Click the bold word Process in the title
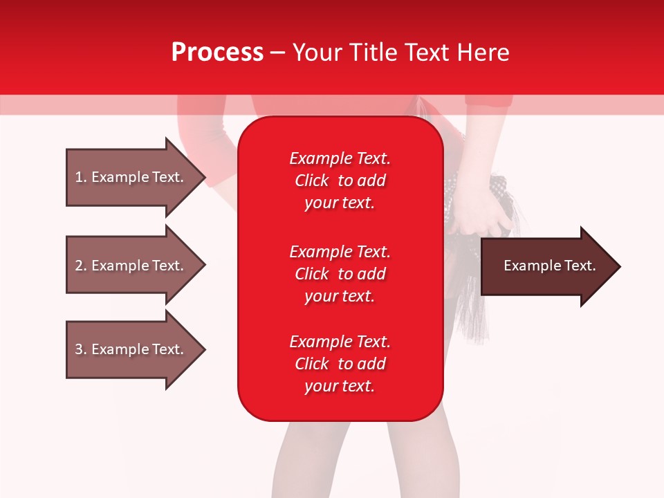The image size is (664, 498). [217, 52]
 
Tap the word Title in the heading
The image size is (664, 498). [371, 52]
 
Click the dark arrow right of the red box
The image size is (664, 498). [551, 266]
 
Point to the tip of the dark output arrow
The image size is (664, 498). [620, 267]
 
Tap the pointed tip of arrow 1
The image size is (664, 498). [205, 178]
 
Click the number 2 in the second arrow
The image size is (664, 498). [80, 266]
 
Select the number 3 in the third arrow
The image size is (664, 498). [80, 349]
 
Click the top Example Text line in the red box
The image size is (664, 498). [340, 158]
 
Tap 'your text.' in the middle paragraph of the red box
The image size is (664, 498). [340, 297]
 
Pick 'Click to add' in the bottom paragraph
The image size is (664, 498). [340, 364]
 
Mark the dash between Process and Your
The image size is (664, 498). [277, 53]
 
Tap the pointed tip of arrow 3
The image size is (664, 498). [205, 350]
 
